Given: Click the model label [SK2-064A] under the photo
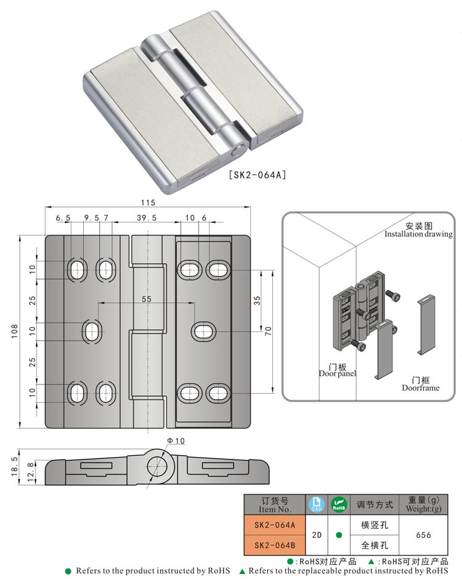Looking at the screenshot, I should pos(257,175).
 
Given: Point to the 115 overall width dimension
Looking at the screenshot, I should pos(148,202).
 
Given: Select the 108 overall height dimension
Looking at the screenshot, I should pos(14,331).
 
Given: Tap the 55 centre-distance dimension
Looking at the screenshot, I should pos(147,299).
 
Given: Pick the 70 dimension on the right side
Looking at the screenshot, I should pos(269,331).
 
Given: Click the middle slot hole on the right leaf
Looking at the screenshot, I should pos(204,331).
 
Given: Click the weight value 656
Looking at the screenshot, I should pos(424,535).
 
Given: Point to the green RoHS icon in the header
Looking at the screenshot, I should pos(339,504).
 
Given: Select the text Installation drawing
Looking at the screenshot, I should pos(418,234).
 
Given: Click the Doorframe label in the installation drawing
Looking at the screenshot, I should pos(421,388).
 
